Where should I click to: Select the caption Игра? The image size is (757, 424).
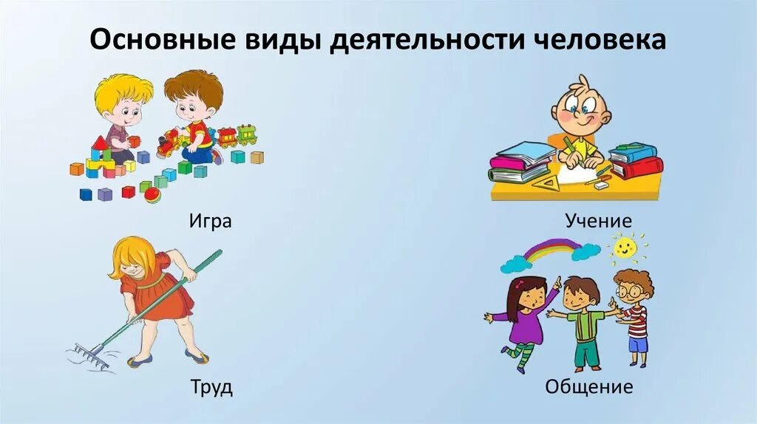pyautogui.click(x=211, y=221)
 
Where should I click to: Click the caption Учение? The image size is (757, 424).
pyautogui.click(x=598, y=220)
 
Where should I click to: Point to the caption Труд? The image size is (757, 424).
pyautogui.click(x=211, y=387)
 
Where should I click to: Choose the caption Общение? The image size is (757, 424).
pyautogui.click(x=589, y=386)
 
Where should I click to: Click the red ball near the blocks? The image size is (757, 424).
pyautogui.click(x=152, y=195)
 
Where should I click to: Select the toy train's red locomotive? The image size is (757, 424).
pyautogui.click(x=168, y=143)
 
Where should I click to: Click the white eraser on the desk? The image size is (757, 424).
pyautogui.click(x=602, y=185)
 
